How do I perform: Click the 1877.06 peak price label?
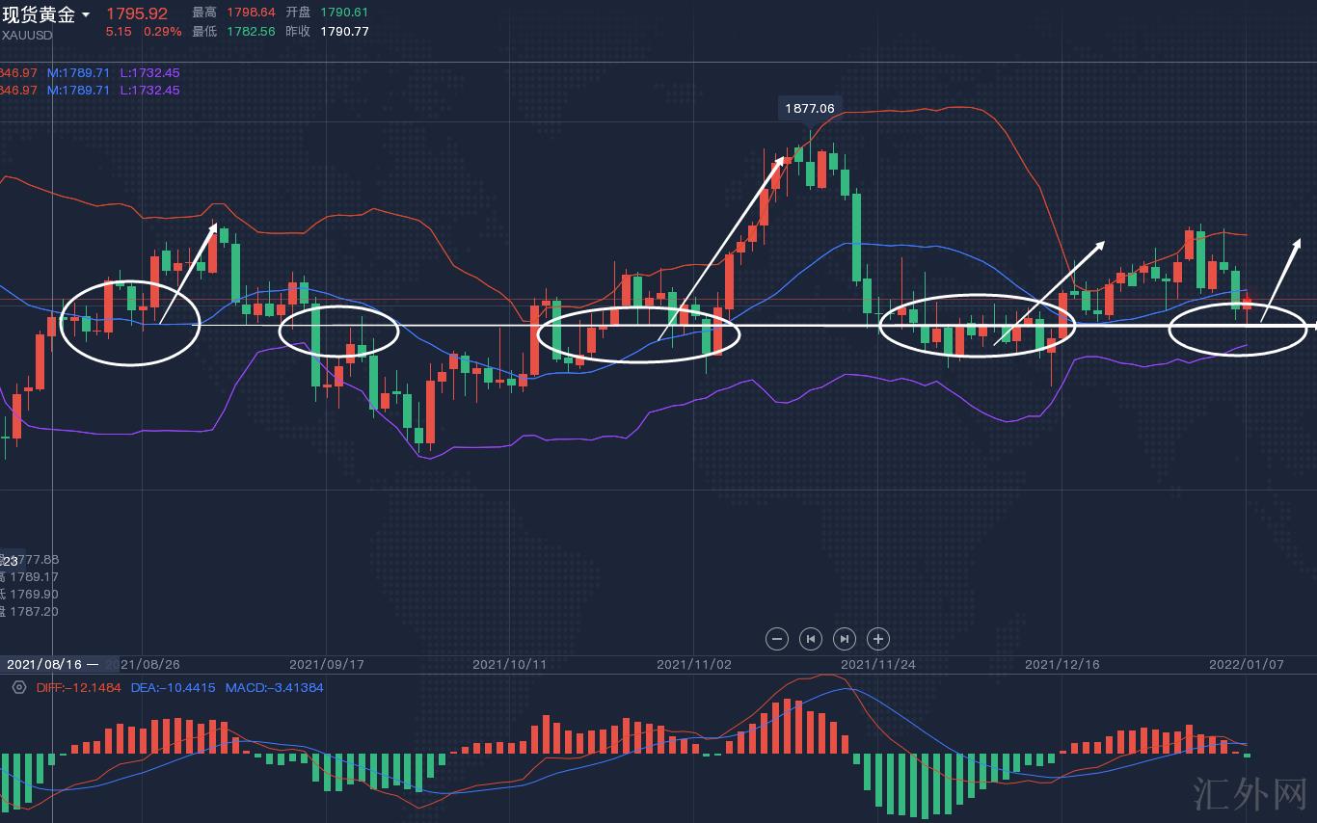click(809, 109)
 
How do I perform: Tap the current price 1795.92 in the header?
click(136, 13)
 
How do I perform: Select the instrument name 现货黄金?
click(39, 14)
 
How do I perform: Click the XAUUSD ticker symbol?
click(27, 35)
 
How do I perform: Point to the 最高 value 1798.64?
click(251, 13)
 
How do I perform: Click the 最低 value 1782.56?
click(251, 31)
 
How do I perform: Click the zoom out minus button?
click(776, 638)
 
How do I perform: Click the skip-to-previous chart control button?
click(810, 638)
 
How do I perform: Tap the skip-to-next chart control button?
click(844, 638)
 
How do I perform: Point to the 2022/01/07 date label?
click(1246, 665)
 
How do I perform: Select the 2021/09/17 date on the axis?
click(326, 665)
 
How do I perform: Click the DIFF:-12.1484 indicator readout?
click(78, 688)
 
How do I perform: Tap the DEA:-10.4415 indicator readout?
click(173, 688)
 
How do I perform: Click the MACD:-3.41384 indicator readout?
click(274, 688)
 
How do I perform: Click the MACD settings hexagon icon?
click(18, 687)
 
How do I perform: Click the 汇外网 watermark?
click(1250, 795)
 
